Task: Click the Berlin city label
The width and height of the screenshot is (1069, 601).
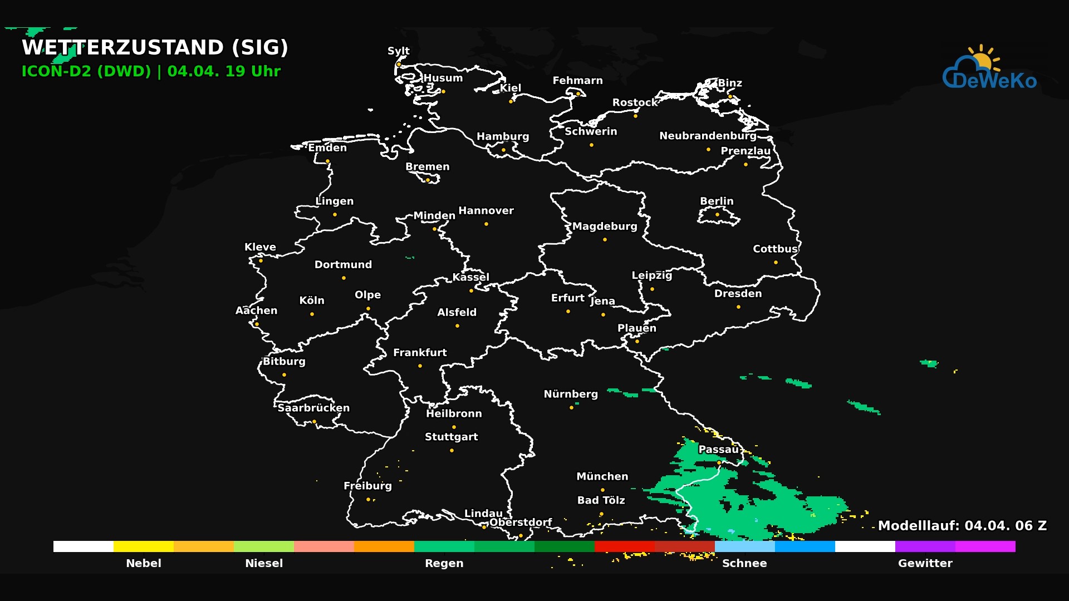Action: (717, 201)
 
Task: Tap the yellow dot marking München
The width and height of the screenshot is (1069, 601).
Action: (602, 490)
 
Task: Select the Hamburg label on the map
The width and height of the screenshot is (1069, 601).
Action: (503, 136)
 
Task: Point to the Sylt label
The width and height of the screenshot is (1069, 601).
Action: (399, 51)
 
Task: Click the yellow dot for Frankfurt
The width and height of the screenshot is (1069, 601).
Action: (420, 366)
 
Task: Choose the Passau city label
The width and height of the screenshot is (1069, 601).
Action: (718, 450)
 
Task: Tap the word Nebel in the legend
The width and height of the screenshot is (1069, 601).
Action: (144, 563)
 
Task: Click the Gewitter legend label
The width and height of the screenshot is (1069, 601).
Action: (925, 563)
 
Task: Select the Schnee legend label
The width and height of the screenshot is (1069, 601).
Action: (744, 563)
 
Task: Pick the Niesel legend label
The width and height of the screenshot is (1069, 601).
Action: (264, 563)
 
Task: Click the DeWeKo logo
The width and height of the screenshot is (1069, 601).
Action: (989, 70)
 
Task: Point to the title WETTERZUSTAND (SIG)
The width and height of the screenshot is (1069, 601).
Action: (155, 48)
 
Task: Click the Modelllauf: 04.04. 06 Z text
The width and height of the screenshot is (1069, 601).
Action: (962, 526)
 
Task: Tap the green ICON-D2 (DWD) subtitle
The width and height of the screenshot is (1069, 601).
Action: (86, 72)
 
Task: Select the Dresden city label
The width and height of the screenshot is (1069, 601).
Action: (738, 294)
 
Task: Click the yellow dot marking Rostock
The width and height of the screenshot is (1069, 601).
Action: (635, 116)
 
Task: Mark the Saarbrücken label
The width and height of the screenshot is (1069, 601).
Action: (313, 408)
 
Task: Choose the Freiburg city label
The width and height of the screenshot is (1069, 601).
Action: (367, 486)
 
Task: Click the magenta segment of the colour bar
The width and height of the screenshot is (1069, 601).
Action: (985, 546)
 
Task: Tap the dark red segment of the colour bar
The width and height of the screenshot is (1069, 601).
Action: (684, 546)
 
